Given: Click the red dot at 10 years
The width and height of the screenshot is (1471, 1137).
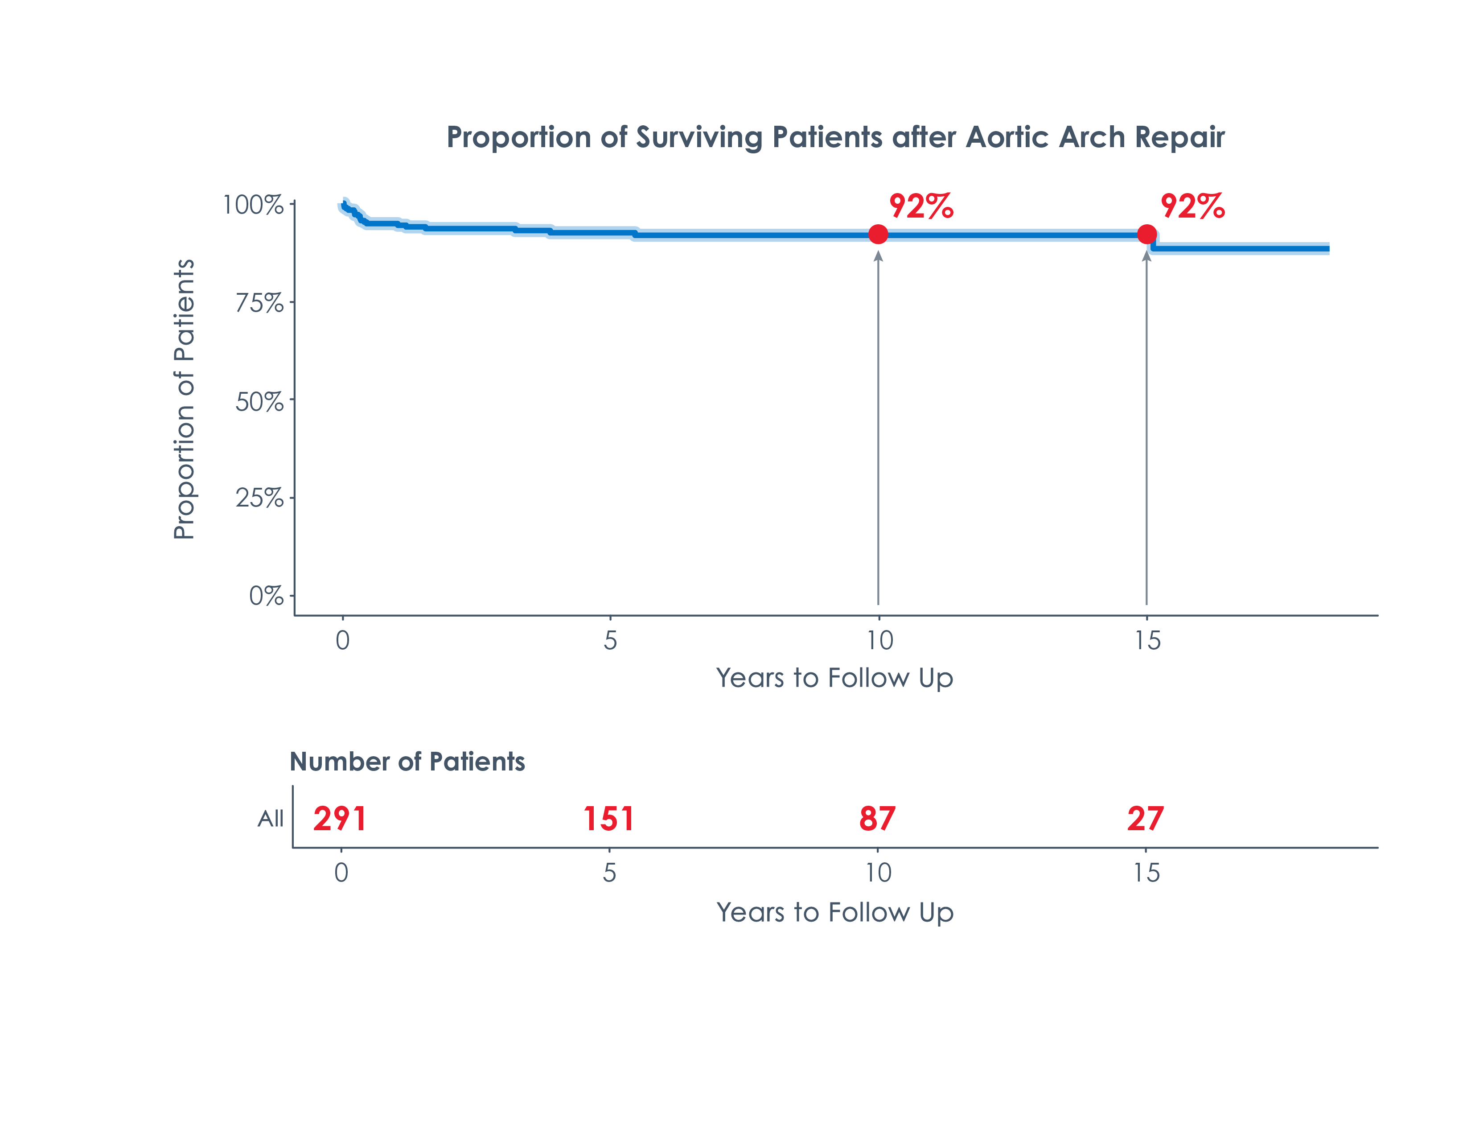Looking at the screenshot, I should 878,235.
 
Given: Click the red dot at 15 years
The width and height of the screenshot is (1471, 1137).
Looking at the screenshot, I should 1146,235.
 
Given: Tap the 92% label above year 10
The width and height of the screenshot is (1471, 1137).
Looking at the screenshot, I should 921,206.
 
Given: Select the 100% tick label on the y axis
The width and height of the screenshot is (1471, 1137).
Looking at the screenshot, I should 253,205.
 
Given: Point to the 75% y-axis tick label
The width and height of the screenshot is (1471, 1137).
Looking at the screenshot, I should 259,303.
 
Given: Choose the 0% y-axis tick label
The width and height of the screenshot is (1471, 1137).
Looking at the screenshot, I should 266,596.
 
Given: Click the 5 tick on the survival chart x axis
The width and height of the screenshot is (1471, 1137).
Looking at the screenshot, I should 610,640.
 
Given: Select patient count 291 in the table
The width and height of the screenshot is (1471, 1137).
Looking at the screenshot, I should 340,819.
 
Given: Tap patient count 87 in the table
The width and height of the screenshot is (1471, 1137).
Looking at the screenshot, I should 877,819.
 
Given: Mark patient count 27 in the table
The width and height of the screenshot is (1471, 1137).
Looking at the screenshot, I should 1145,819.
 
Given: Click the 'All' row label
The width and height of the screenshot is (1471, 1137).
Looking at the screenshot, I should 271,819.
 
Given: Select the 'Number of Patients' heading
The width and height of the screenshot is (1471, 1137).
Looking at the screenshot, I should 407,762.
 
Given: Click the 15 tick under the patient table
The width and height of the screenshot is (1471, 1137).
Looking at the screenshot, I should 1146,873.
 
